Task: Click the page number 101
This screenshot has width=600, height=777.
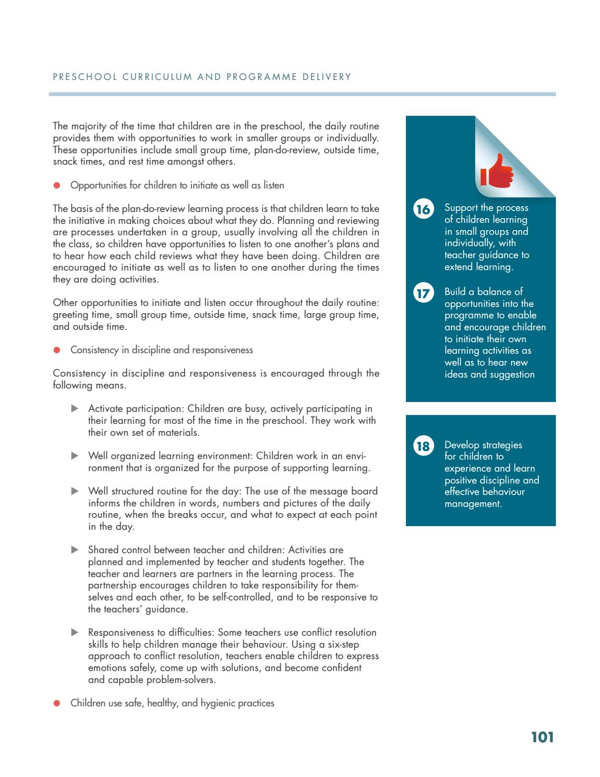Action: [542, 738]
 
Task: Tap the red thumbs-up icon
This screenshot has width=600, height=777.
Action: [496, 171]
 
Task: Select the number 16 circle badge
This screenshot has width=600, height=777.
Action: [423, 209]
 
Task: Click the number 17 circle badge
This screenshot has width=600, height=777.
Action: [423, 293]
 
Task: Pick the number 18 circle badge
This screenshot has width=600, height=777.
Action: [423, 447]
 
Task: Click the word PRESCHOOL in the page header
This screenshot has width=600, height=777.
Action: [85, 77]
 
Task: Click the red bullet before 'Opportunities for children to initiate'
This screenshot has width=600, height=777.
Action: [57, 185]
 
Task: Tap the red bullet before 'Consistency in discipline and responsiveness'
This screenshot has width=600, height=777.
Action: [57, 350]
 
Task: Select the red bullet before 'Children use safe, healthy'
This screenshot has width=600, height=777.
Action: [57, 703]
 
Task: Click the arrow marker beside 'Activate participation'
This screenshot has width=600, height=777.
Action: [74, 409]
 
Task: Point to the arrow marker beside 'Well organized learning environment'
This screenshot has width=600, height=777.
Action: [74, 456]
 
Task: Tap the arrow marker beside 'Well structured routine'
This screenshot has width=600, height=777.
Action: [74, 491]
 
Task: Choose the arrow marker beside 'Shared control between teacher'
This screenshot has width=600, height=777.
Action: [74, 550]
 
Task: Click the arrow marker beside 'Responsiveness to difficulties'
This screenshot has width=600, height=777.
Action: [74, 632]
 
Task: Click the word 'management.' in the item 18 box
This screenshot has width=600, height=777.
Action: [473, 504]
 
